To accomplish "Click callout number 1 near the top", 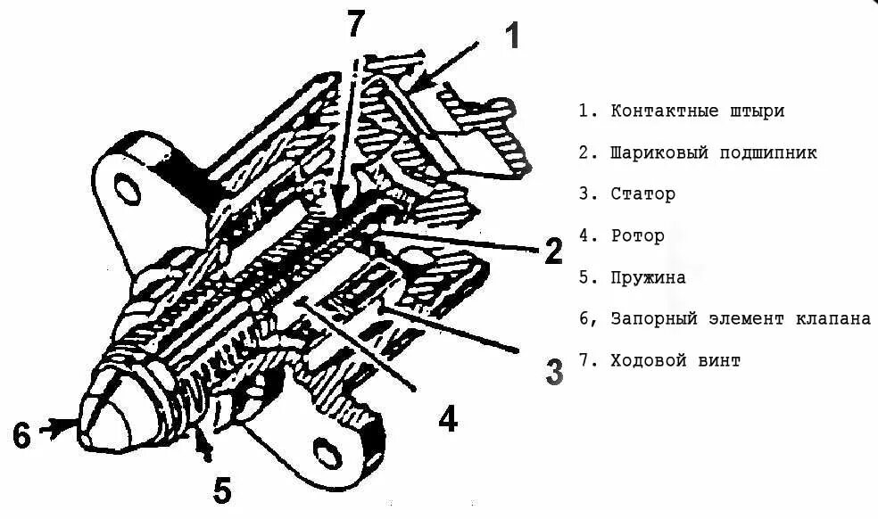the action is pyautogui.click(x=511, y=37).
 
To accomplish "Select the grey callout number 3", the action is pyautogui.click(x=553, y=371).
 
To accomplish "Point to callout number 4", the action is pyautogui.click(x=447, y=416).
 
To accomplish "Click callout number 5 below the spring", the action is pyautogui.click(x=222, y=489).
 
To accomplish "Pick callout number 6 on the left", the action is pyautogui.click(x=22, y=435).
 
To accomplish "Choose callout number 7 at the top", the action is pyautogui.click(x=356, y=24).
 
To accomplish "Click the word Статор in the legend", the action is pyautogui.click(x=642, y=194).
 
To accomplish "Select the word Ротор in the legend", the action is pyautogui.click(x=637, y=235).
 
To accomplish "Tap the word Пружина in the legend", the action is pyautogui.click(x=648, y=277).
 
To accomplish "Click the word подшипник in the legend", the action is pyautogui.click(x=768, y=152).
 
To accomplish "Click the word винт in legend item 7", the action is pyautogui.click(x=720, y=360).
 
